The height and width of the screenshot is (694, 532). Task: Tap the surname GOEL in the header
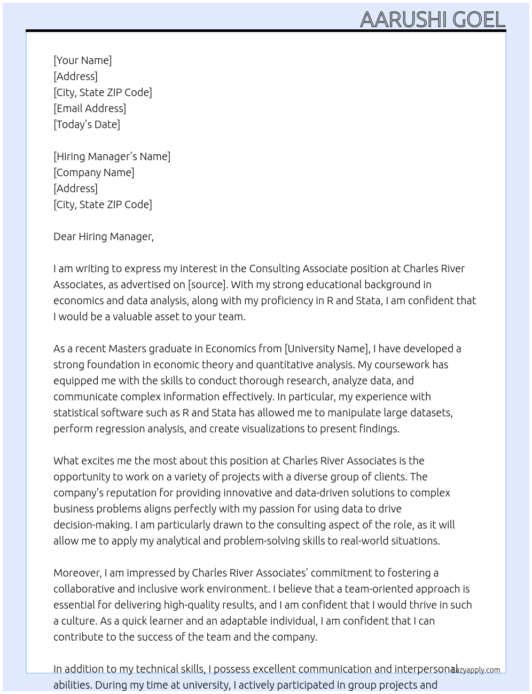click(x=479, y=20)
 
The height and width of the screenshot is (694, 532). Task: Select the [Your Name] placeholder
click(x=83, y=60)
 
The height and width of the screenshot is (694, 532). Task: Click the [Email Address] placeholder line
click(x=90, y=108)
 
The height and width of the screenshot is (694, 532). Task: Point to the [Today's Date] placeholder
click(x=87, y=124)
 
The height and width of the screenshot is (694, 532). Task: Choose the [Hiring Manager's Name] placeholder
click(x=112, y=156)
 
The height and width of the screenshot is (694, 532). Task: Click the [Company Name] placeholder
click(x=94, y=172)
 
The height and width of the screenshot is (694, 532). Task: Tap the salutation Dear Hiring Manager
click(x=103, y=236)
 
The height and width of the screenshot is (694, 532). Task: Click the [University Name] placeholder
click(x=327, y=349)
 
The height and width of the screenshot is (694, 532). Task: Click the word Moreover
click(x=77, y=573)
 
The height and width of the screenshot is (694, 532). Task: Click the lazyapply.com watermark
click(x=476, y=670)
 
